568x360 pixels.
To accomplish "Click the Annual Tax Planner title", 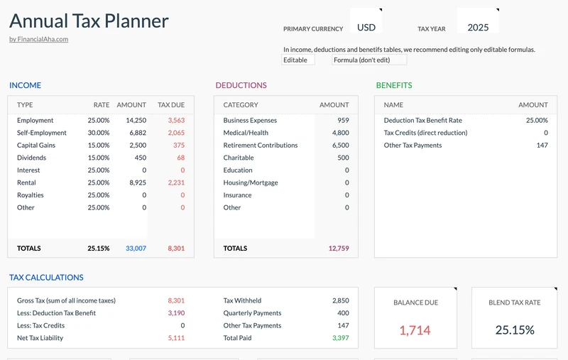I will click(89, 21).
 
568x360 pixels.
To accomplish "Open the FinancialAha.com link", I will click(38, 39).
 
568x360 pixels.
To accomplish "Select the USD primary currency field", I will click(366, 28).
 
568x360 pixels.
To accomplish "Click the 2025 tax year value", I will click(478, 28).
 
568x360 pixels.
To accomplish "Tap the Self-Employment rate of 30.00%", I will click(98, 133).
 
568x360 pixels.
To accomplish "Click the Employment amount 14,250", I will click(136, 121).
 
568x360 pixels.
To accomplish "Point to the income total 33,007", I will click(136, 249).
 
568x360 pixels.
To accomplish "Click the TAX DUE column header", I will click(171, 105).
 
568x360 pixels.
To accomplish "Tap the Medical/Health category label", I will click(246, 133).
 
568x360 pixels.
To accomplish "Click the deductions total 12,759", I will click(339, 249).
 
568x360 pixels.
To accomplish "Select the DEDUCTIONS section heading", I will click(241, 85).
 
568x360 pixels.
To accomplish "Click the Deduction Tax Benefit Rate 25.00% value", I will click(536, 121).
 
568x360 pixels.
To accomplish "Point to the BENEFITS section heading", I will click(393, 85).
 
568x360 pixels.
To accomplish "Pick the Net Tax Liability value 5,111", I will click(176, 338).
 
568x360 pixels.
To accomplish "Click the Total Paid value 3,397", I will click(340, 338).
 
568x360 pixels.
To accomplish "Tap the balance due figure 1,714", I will click(415, 330).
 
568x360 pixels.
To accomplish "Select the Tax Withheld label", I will click(242, 300).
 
